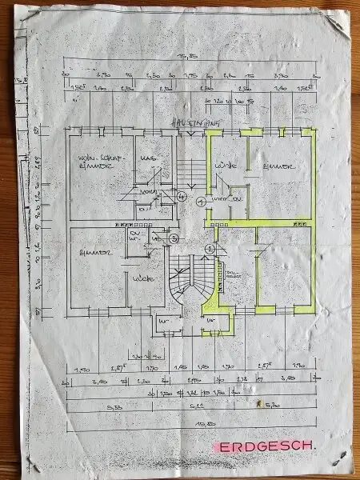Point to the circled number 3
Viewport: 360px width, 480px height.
(174, 238)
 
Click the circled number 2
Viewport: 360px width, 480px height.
(210, 250)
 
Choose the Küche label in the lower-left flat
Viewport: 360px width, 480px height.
(144, 278)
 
